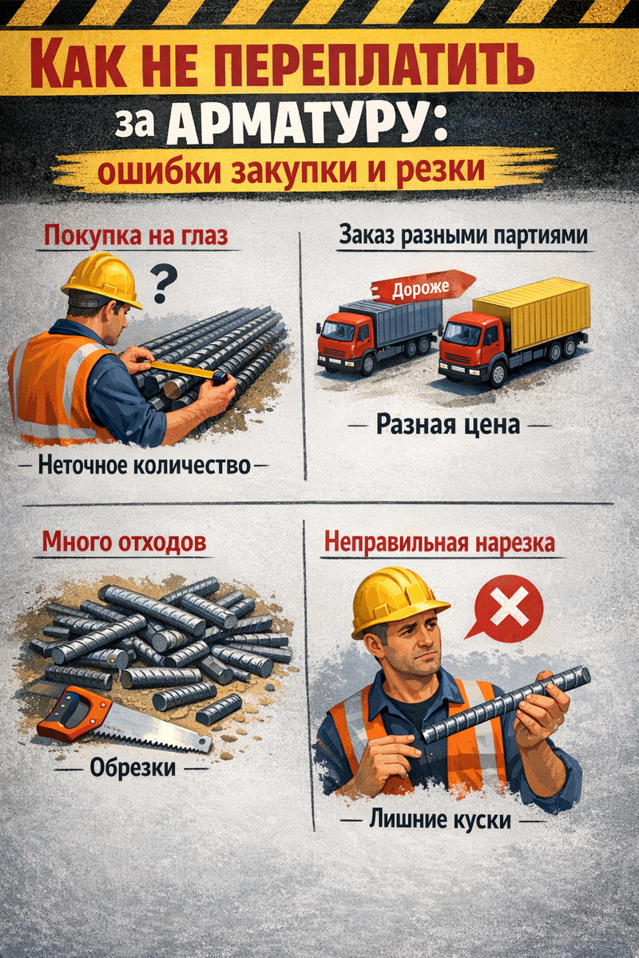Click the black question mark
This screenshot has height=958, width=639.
click(164, 283)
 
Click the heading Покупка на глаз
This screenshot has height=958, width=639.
click(136, 236)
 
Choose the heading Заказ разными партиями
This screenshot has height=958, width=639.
click(463, 236)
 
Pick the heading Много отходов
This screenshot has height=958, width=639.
click(124, 542)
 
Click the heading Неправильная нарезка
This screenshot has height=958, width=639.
click(439, 543)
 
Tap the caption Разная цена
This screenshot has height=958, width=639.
click(448, 425)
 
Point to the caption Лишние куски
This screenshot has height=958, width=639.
click(440, 820)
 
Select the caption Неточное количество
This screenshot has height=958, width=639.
click(145, 465)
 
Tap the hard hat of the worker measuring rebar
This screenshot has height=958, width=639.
click(102, 279)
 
